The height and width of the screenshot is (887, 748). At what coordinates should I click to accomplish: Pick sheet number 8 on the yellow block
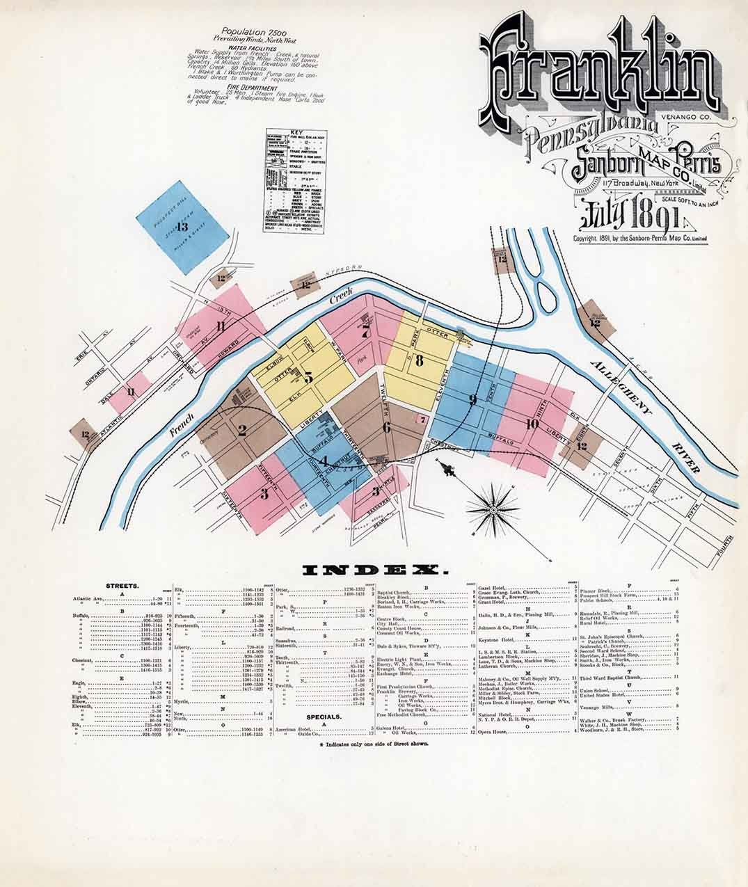(419, 360)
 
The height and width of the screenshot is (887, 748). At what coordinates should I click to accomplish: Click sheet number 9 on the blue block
(472, 399)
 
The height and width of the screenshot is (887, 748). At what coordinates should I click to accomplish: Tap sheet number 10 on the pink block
(533, 423)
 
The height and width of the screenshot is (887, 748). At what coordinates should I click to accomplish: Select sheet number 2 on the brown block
(242, 430)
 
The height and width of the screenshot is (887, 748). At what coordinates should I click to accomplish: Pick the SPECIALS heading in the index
(322, 715)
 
